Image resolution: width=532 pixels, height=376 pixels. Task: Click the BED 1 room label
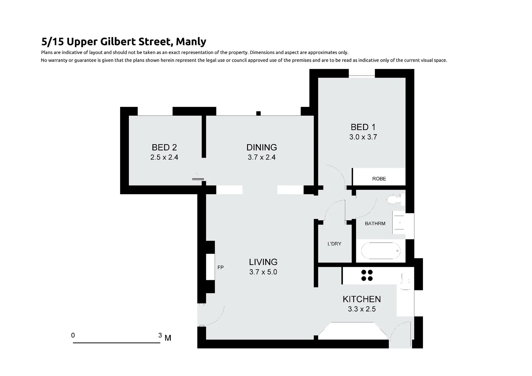pos(363,127)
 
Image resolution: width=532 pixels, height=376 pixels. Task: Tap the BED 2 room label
pos(164,147)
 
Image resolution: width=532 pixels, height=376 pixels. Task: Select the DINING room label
pos(261,147)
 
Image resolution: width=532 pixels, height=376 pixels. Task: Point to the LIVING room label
pos(263,262)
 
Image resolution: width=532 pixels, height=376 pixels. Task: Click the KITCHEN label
pos(361,299)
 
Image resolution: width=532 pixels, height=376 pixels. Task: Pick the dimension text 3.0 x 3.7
pos(363,137)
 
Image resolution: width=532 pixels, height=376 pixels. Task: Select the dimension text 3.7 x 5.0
pos(263,272)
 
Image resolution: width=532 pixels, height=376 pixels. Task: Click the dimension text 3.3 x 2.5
pos(361,309)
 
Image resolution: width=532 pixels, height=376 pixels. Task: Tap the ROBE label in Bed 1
pos(379,179)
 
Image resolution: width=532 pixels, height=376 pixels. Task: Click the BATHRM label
pos(375,224)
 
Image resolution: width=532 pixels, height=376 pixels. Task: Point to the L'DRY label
pos(334,244)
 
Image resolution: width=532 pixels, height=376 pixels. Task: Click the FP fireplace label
pos(220,267)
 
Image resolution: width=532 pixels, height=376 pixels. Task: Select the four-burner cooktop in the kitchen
pos(367,275)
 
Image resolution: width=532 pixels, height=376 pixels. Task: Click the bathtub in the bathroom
pos(381,251)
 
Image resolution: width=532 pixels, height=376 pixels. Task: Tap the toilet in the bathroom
pos(395,200)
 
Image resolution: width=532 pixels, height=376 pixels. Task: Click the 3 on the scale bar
pos(160,335)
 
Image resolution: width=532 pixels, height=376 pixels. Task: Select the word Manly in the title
pos(191,41)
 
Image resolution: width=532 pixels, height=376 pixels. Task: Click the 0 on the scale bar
pos(73,335)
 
